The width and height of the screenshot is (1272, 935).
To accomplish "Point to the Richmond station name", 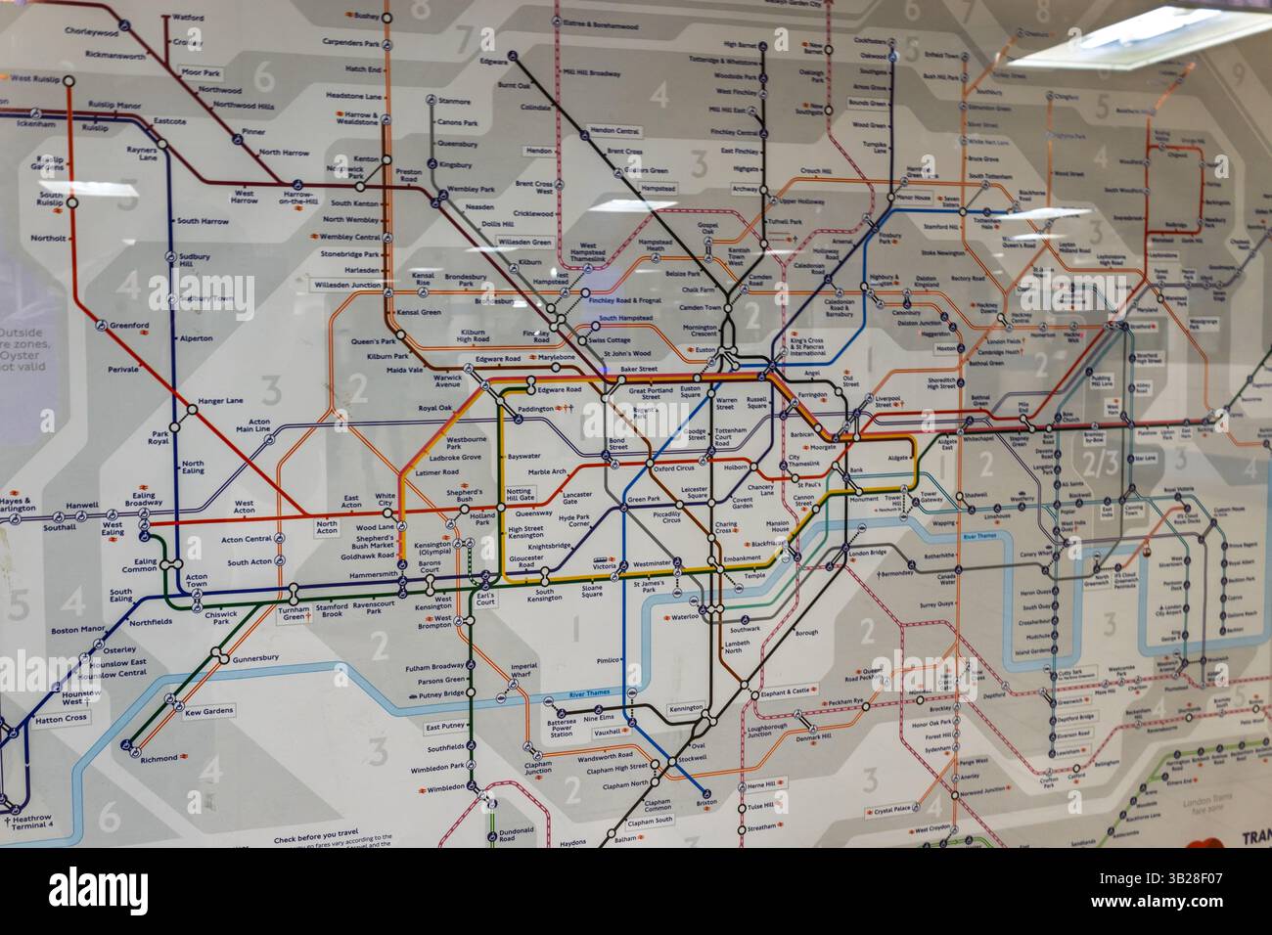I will [159, 759].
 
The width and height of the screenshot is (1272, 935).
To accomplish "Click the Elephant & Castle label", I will [787, 691].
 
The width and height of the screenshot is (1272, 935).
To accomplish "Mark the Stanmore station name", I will [455, 102].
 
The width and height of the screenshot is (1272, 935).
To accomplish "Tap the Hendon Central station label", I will [616, 131].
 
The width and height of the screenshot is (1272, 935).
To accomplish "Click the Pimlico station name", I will [609, 661].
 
